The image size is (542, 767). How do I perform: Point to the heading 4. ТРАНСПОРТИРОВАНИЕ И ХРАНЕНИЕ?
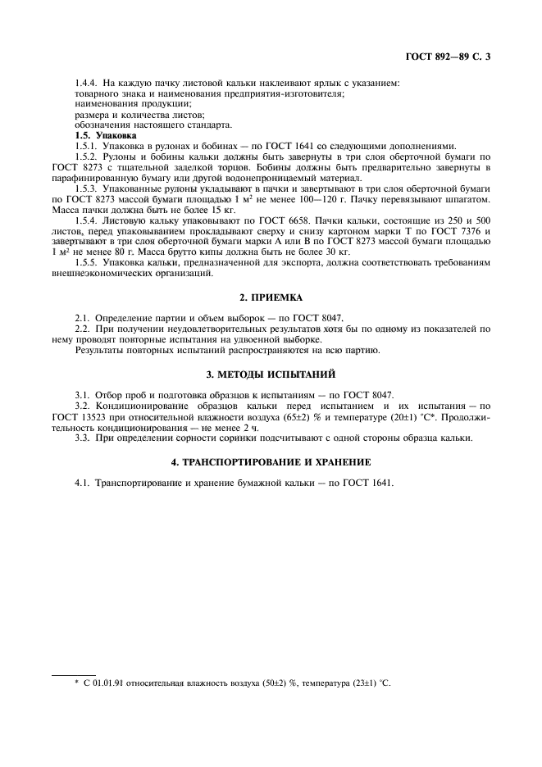click(271, 462)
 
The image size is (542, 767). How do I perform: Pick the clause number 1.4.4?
click(86, 84)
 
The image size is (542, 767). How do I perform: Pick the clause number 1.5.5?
click(86, 273)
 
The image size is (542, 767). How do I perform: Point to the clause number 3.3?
click(81, 437)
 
